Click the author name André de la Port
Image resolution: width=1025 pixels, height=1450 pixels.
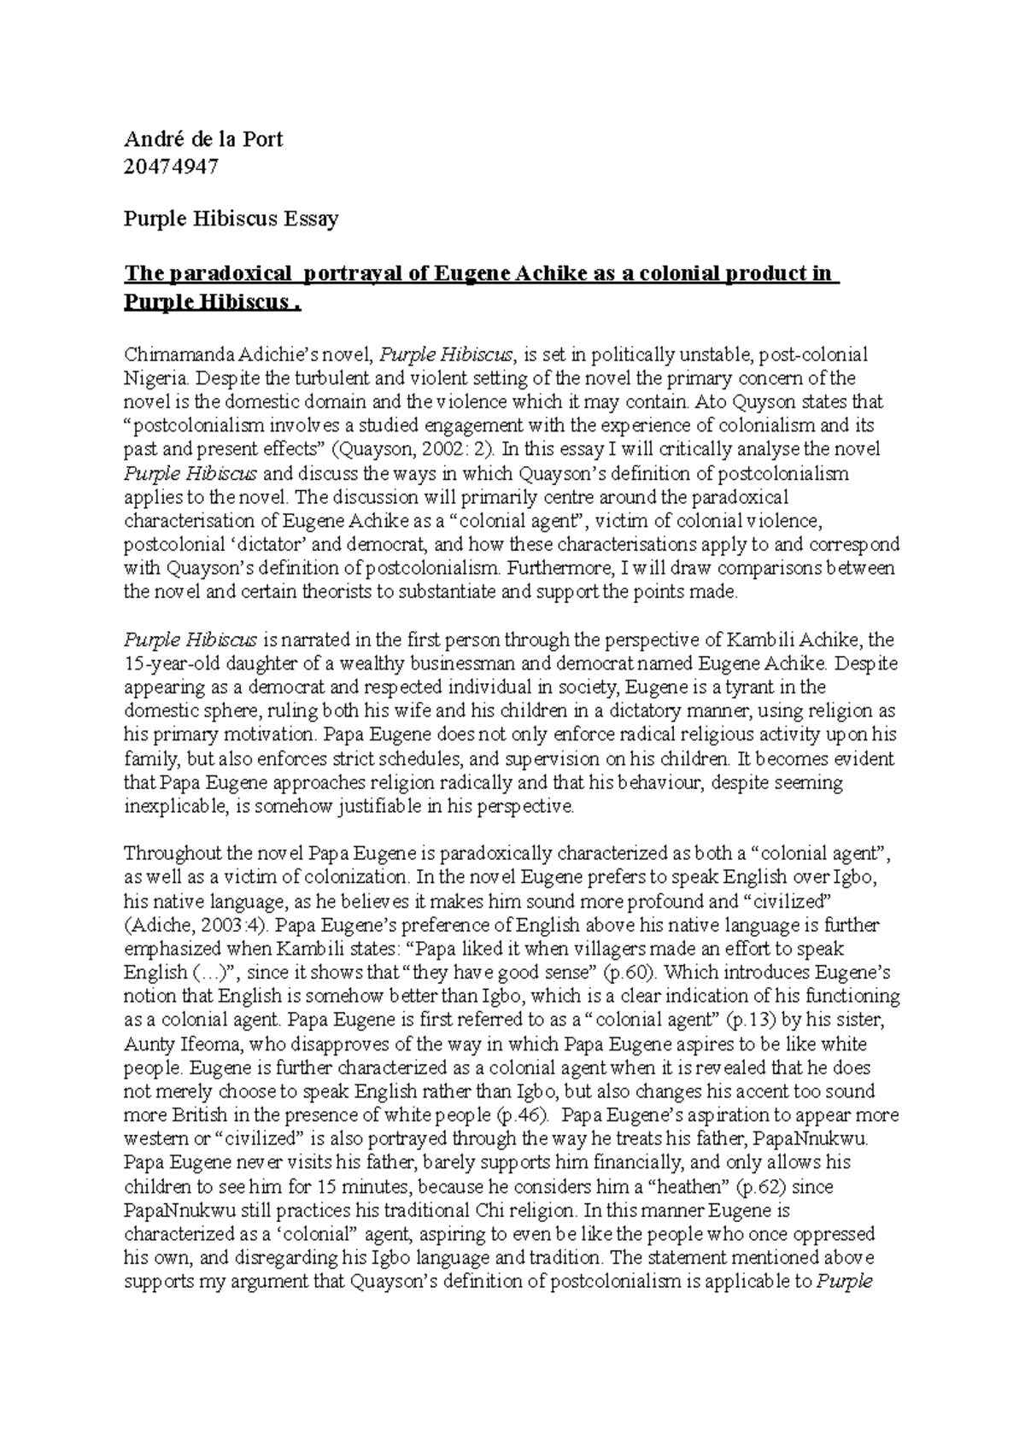(x=203, y=140)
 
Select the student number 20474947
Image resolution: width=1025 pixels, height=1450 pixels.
(x=171, y=167)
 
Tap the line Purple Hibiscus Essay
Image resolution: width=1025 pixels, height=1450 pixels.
(x=231, y=219)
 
